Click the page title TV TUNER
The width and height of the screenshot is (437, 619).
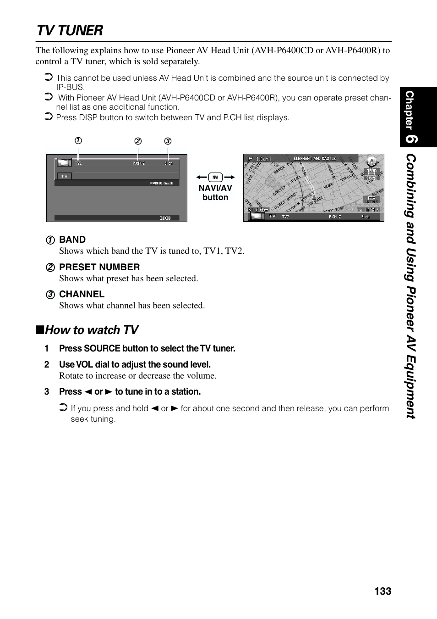70,30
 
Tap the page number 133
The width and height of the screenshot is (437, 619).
382,591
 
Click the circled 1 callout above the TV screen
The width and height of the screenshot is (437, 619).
78,141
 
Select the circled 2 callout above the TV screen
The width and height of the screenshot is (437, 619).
138,141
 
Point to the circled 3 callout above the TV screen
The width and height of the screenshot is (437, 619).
168,141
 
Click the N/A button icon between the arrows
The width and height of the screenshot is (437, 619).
215,177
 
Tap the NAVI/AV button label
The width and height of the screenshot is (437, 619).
215,193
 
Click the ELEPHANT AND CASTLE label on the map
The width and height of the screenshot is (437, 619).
314,159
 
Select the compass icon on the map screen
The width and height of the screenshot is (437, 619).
371,161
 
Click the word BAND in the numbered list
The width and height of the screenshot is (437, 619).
72,240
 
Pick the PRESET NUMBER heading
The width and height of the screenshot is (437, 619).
99,267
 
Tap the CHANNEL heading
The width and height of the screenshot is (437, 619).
82,294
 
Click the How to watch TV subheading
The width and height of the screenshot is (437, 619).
91,330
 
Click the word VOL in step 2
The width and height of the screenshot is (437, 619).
84,365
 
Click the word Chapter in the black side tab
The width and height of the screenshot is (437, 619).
409,110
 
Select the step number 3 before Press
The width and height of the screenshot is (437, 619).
47,392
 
